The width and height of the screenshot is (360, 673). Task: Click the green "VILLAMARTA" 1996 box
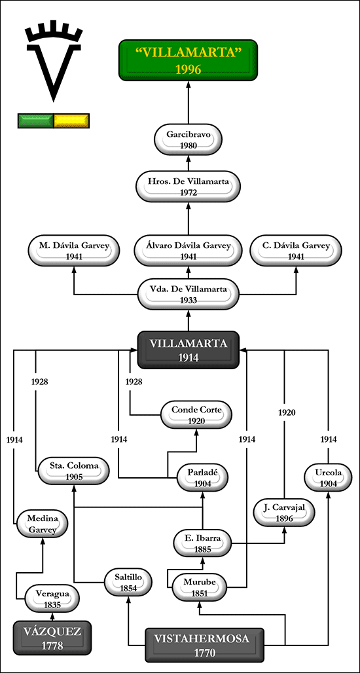tap(188, 60)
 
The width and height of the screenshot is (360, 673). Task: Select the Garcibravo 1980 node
tap(189, 139)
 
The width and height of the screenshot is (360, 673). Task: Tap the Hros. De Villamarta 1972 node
tap(188, 187)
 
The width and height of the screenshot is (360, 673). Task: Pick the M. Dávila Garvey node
tap(74, 251)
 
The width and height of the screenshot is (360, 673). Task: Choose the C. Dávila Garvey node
tap(296, 251)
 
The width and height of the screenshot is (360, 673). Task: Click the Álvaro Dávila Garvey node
tap(188, 251)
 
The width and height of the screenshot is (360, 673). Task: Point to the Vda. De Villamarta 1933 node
tap(188, 294)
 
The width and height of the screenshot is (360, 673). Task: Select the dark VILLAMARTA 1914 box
tap(188, 350)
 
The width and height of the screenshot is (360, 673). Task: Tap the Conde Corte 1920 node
tap(196, 415)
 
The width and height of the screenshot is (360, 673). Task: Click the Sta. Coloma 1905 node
tap(74, 471)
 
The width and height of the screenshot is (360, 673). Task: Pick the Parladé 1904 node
tap(203, 478)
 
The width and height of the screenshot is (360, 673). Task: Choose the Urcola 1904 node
tap(328, 478)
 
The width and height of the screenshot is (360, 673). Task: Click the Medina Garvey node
tap(43, 524)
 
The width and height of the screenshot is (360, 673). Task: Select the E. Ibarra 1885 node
tap(203, 543)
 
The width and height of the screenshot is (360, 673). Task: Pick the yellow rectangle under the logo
tap(71, 120)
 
